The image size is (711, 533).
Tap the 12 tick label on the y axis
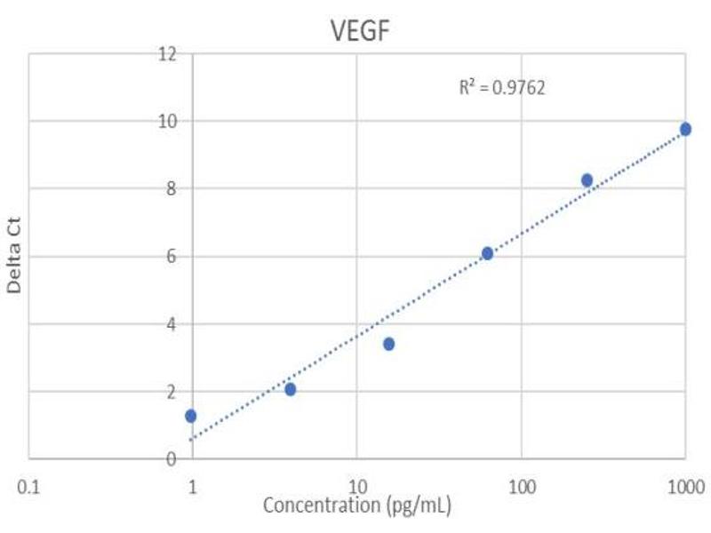tap(166, 54)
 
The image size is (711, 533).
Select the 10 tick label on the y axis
tap(166, 121)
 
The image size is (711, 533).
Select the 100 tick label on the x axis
tap(521, 486)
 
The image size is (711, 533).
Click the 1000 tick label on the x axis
tap(685, 486)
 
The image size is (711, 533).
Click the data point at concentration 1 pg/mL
tap(190, 416)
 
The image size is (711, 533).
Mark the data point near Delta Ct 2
tap(290, 389)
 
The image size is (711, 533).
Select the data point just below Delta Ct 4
tap(388, 344)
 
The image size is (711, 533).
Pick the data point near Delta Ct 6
tap(487, 253)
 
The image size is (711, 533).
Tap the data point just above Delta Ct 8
tap(587, 179)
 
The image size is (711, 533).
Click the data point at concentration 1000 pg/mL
tap(685, 129)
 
